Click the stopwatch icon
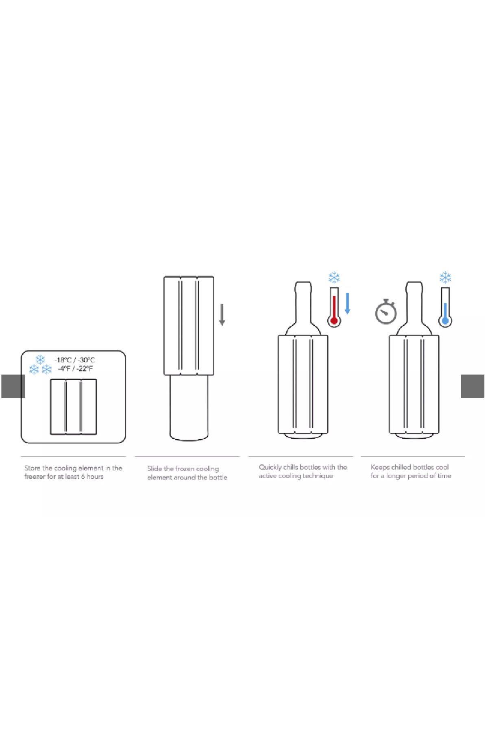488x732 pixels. pyautogui.click(x=386, y=312)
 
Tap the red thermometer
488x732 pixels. pyautogui.click(x=334, y=307)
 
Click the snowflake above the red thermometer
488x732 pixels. pyautogui.click(x=334, y=278)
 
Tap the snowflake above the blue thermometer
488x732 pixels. pyautogui.click(x=445, y=278)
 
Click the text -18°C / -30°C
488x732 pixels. pyautogui.click(x=75, y=360)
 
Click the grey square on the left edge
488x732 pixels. pyautogui.click(x=13, y=386)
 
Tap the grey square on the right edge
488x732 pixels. pyautogui.click(x=473, y=386)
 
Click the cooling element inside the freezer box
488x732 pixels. pyautogui.click(x=73, y=407)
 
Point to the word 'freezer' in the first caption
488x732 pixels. pyautogui.click(x=35, y=477)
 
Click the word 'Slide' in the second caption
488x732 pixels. pyautogui.click(x=155, y=468)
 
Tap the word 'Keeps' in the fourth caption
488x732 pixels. pyautogui.click(x=380, y=468)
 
